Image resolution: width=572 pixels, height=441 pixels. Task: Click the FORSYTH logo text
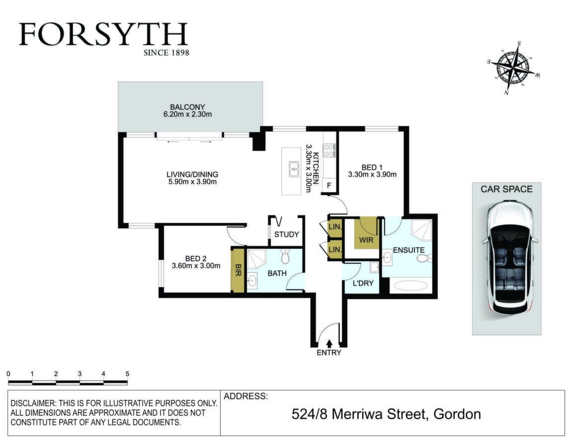[103, 34]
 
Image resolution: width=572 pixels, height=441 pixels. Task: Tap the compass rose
[514, 68]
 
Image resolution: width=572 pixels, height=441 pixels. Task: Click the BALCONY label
[187, 107]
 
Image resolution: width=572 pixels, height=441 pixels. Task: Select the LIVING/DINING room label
[192, 175]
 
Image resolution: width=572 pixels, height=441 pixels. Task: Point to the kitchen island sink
[294, 169]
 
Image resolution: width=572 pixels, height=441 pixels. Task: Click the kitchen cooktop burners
[329, 150]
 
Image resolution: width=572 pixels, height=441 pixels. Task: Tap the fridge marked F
[329, 186]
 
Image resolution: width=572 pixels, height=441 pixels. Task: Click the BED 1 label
[372, 168]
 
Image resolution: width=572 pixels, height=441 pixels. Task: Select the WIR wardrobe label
[366, 240]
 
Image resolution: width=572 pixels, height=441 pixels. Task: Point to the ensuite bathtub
[410, 285]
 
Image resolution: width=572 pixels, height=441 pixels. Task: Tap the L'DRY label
[363, 283]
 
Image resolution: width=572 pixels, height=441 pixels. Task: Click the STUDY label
[287, 234]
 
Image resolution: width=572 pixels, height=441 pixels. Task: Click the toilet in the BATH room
[285, 257]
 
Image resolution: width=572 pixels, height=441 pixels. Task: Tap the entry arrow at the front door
[329, 343]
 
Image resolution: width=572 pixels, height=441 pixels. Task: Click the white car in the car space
[509, 258]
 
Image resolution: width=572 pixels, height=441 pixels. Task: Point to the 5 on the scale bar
[127, 374]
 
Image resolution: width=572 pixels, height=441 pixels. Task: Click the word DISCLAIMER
[32, 403]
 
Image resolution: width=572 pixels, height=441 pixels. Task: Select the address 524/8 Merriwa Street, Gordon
[386, 414]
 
